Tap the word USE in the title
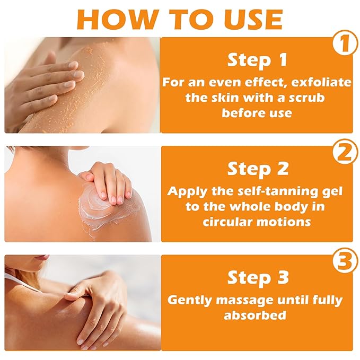254,19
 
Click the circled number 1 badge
345,43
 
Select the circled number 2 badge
345,152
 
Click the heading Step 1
257,60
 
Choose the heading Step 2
258,169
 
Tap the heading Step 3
258,277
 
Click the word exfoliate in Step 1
321,82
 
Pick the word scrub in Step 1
306,98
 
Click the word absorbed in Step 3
255,315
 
